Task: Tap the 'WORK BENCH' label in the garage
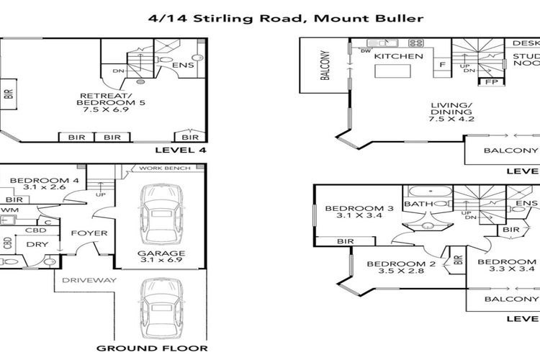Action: (166, 168)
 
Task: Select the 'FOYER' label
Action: (89, 233)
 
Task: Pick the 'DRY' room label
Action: (37, 244)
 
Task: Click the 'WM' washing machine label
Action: (8, 210)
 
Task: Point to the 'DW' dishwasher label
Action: (367, 52)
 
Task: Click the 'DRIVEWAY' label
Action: (89, 279)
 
